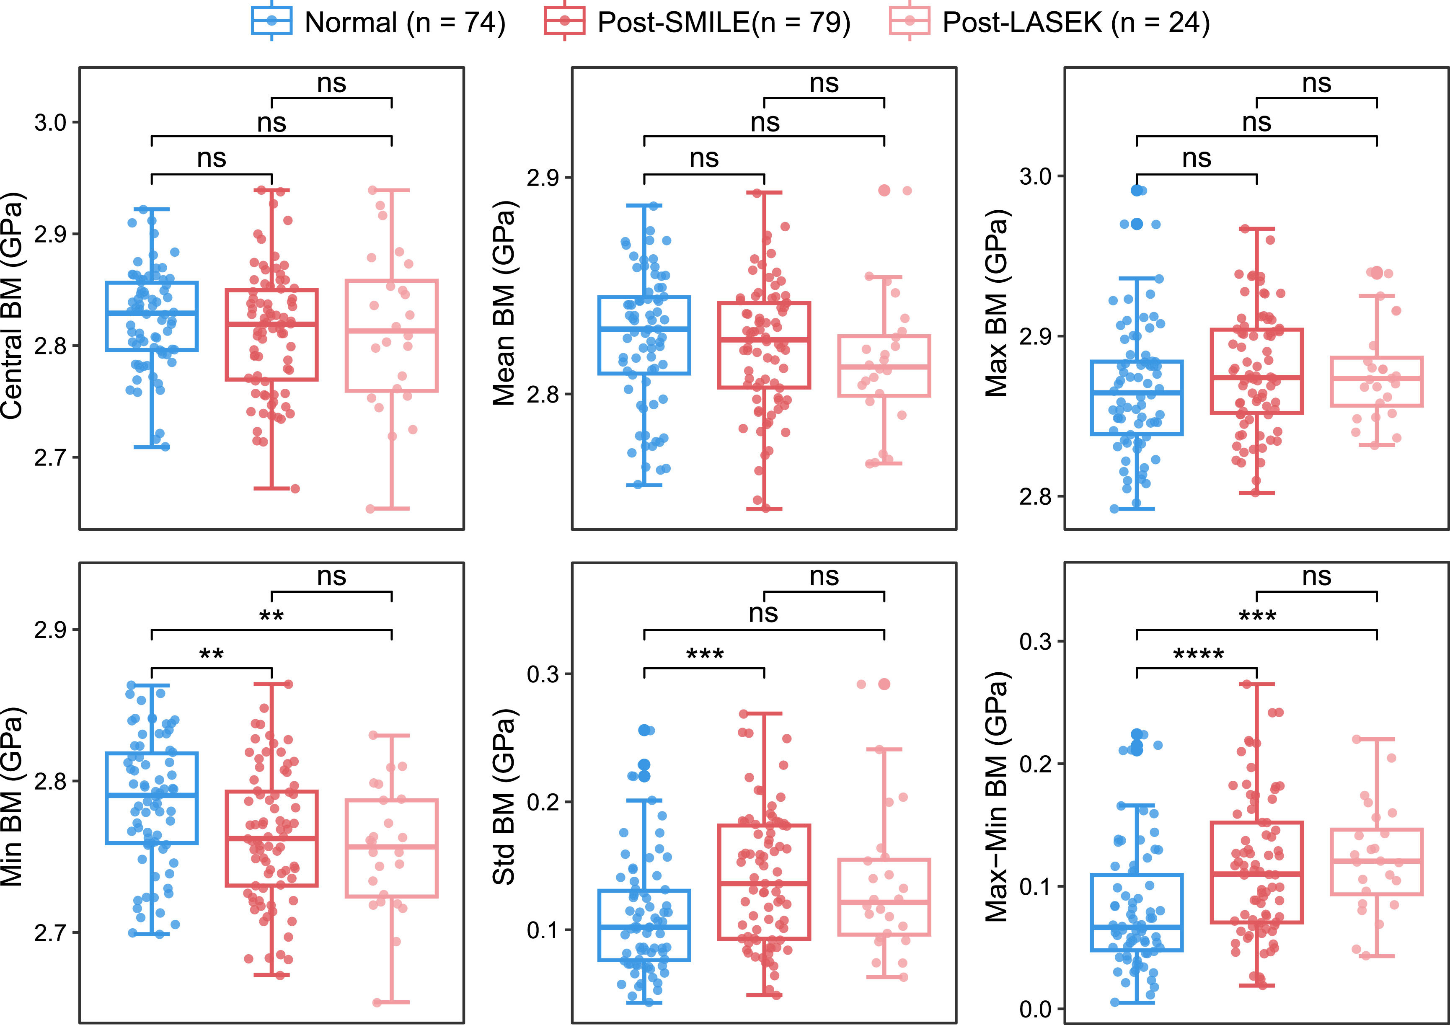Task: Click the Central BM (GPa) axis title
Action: tap(13, 306)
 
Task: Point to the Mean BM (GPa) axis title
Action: tap(504, 303)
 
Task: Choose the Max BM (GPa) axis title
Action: tap(997, 303)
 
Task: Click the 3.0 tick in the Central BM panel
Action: tap(51, 122)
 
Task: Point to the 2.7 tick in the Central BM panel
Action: tap(51, 457)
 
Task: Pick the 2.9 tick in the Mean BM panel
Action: tap(543, 178)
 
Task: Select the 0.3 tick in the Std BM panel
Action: tap(543, 674)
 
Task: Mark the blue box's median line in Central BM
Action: tap(152, 312)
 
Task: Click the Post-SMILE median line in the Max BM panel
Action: tap(1257, 378)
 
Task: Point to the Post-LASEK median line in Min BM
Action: tap(392, 847)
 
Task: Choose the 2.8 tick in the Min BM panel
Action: tap(51, 782)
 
